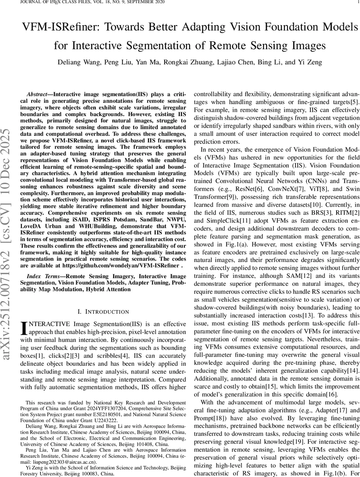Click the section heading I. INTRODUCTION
coord(103,312)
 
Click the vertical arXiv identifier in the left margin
coord(9,239)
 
